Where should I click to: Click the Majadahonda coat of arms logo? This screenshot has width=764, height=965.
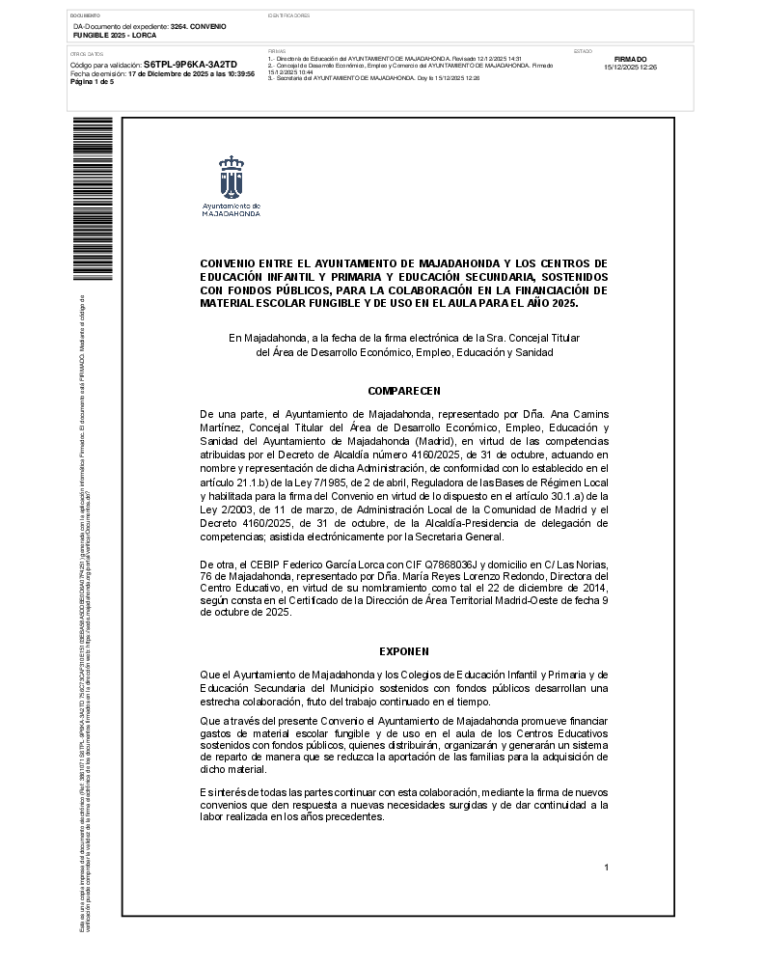(x=231, y=177)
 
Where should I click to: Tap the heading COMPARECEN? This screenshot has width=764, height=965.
(x=404, y=391)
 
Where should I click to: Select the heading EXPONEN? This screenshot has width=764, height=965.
(x=404, y=651)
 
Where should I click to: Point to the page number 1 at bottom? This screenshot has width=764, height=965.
(x=606, y=868)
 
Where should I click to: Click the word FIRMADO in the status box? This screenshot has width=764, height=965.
(x=630, y=59)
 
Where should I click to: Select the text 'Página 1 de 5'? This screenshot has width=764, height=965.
(x=93, y=82)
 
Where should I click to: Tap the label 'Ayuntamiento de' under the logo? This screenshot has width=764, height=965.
(x=231, y=206)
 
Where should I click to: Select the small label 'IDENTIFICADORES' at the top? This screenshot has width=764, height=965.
(x=288, y=16)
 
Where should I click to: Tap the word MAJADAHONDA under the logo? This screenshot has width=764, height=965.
(x=231, y=213)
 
